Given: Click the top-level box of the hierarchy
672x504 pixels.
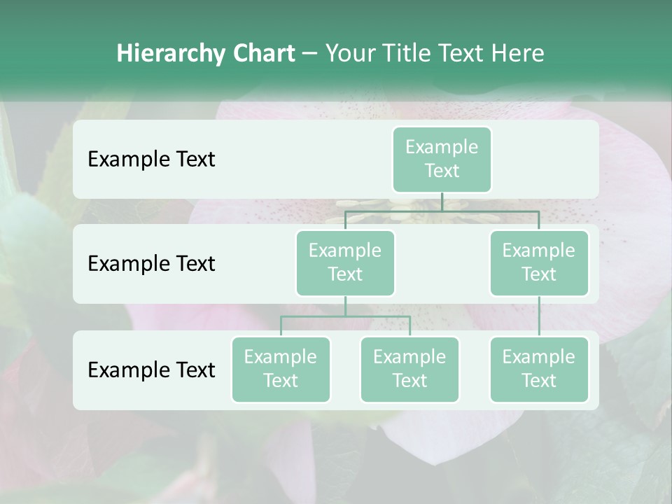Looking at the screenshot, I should (442, 160).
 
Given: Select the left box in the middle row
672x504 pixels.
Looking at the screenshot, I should (345, 262).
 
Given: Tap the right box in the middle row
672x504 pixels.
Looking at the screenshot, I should (539, 262).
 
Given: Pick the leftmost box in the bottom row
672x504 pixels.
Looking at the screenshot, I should (281, 369).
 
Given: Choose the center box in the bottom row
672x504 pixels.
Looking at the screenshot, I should (409, 369).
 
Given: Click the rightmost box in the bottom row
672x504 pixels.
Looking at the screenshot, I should (539, 369).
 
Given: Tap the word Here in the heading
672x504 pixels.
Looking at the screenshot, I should (520, 53).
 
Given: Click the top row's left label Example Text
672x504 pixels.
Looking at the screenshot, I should (151, 160).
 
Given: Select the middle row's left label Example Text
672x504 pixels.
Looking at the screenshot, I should (151, 264).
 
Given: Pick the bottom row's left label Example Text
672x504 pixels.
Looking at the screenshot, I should (151, 370).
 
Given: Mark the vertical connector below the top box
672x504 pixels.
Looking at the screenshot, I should (442, 202).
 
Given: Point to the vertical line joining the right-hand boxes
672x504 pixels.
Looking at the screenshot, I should (539, 316).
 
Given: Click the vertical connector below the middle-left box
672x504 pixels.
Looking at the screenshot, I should (345, 306).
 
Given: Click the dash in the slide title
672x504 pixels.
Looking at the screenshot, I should (310, 54).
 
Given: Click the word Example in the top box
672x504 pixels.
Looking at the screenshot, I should (442, 147).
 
